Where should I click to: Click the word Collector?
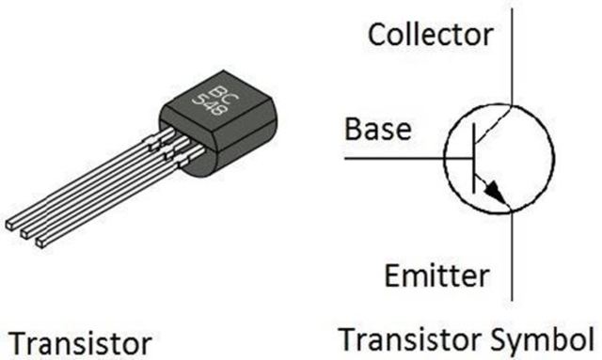430,35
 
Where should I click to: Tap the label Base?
377,129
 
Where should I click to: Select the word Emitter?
436,276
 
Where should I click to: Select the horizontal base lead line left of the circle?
404,158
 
